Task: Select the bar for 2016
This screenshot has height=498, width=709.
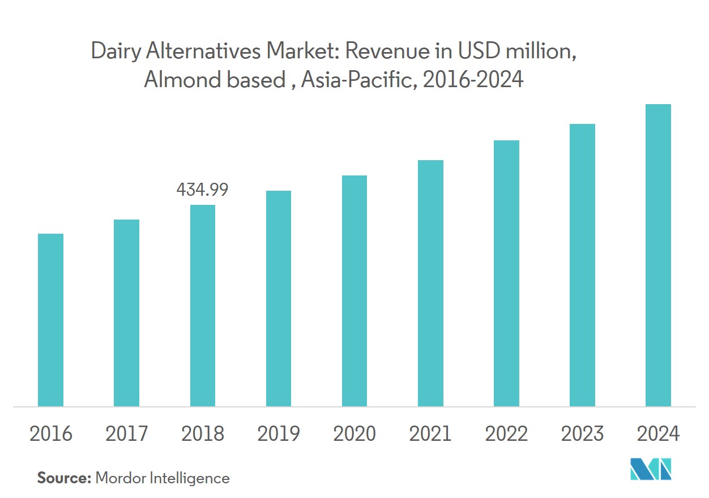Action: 50,320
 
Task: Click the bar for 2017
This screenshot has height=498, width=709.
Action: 126,313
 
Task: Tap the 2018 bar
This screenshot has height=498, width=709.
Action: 202,306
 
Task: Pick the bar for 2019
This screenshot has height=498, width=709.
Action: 278,298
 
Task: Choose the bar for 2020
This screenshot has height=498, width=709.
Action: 354,291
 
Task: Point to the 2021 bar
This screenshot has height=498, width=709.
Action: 430,283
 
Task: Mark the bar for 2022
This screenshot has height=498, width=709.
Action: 506,273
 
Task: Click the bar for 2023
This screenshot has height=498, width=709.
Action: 582,265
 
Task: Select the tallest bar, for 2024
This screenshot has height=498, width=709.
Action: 658,255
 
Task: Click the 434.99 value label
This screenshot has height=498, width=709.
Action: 202,190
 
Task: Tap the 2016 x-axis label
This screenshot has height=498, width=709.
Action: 50,434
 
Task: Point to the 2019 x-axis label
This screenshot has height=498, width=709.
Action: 278,434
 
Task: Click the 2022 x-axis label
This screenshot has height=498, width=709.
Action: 506,434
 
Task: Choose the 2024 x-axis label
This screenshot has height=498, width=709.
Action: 658,434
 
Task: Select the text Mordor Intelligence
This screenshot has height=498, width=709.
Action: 163,478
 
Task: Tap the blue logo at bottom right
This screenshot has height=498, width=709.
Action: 650,469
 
